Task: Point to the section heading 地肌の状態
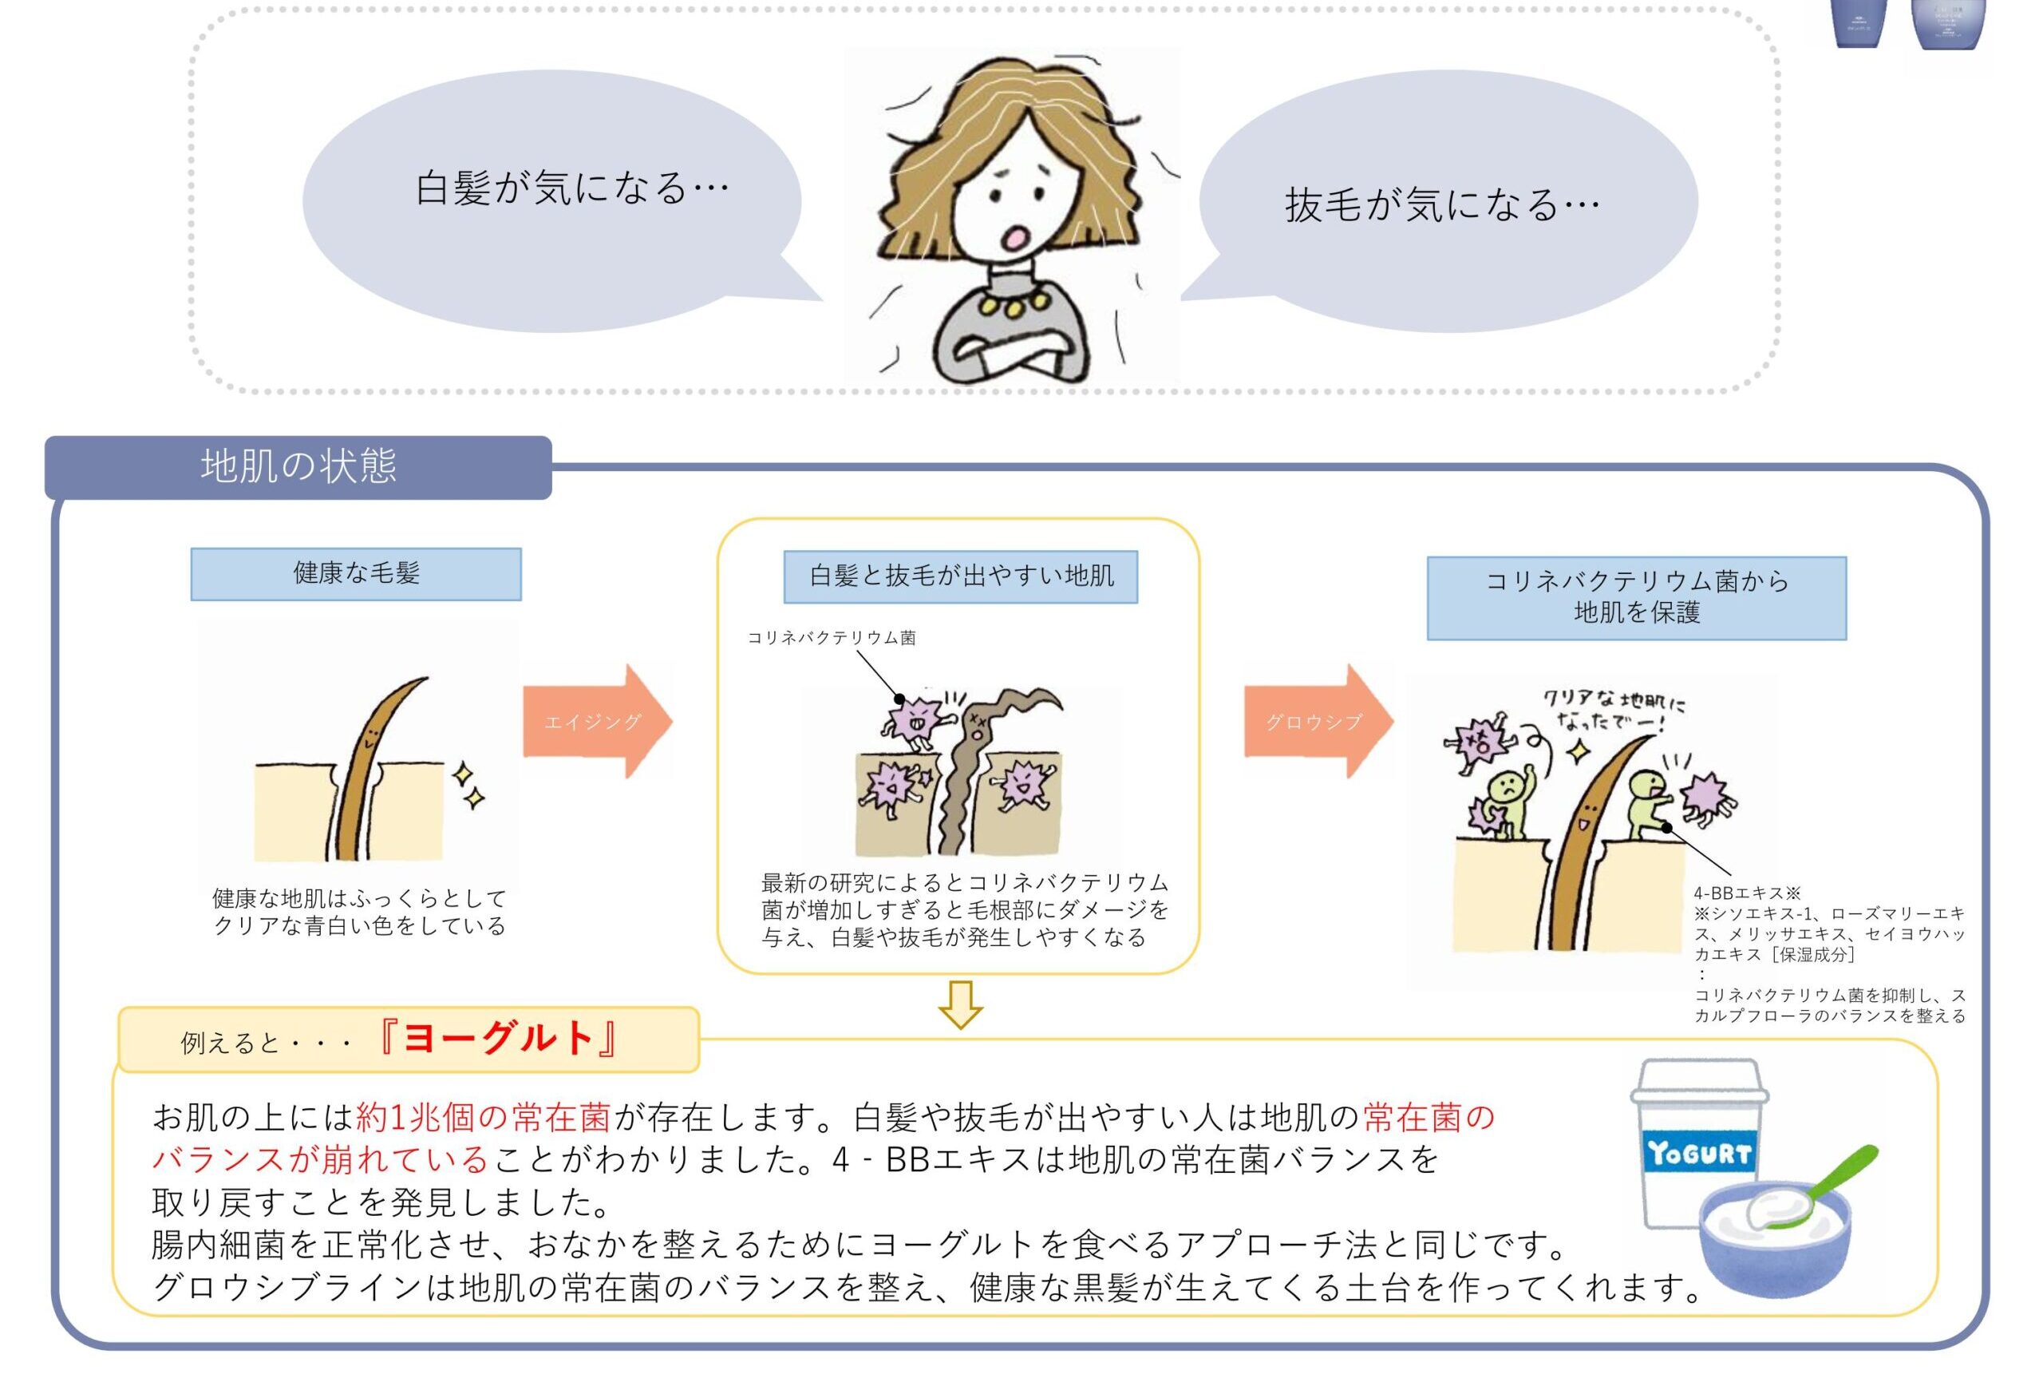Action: tap(299, 466)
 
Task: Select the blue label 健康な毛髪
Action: tap(356, 574)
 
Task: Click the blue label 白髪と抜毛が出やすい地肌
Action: tap(961, 577)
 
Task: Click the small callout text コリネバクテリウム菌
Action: tap(832, 638)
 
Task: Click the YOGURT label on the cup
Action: tap(1698, 1153)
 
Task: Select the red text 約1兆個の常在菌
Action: tap(484, 1118)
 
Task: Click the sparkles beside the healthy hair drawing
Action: tap(468, 786)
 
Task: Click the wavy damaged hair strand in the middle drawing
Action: tap(967, 782)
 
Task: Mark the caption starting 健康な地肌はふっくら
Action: tap(361, 912)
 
